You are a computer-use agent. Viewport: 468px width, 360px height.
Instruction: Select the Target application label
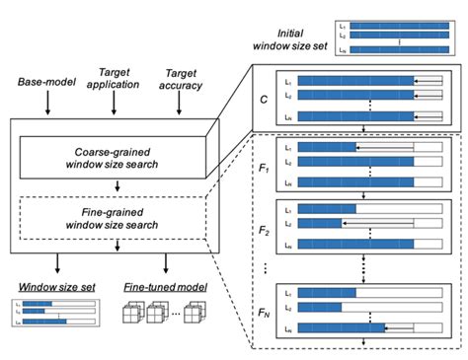(116, 81)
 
